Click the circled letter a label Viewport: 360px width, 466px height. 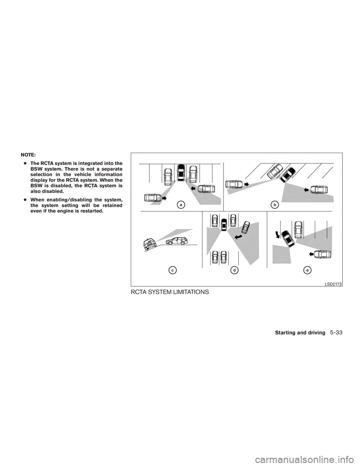pos(181,204)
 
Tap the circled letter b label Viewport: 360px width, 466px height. pos(275,204)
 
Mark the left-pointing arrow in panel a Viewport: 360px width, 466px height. pos(193,185)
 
